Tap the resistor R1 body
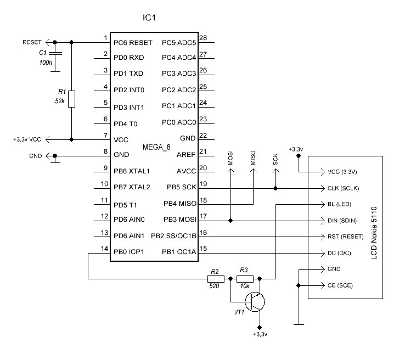pyautogui.click(x=71, y=99)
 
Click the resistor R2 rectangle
pyautogui.click(x=215, y=278)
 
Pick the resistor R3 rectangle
pyautogui.click(x=245, y=278)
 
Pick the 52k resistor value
pyautogui.click(x=60, y=102)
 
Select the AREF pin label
pyautogui.click(x=186, y=155)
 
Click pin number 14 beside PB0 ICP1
pyautogui.click(x=105, y=248)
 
